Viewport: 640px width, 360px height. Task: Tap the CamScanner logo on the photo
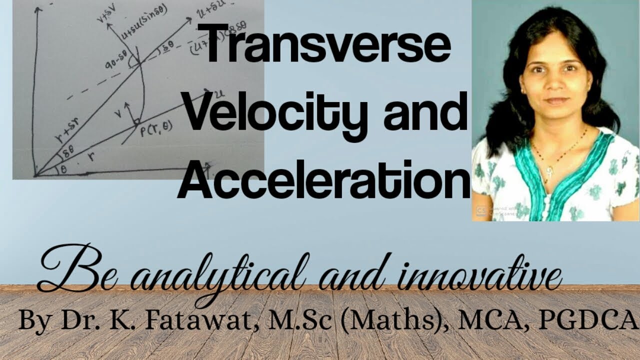tap(481, 211)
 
